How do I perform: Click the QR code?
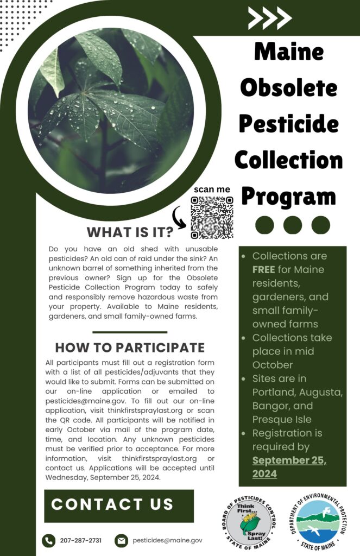[x=212, y=218]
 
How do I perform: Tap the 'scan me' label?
[x=212, y=189]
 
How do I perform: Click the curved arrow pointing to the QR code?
[x=179, y=218]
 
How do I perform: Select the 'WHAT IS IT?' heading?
[x=130, y=232]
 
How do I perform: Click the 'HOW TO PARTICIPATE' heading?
[x=130, y=347]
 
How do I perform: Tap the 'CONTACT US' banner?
[x=119, y=506]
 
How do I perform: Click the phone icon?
[x=48, y=541]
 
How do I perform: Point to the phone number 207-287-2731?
[x=80, y=540]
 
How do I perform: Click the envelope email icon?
[x=121, y=541]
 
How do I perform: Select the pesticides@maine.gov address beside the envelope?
[x=167, y=540]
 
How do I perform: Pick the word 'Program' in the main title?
[x=289, y=196]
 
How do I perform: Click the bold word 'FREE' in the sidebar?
[x=263, y=269]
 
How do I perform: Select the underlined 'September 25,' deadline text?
[x=289, y=460]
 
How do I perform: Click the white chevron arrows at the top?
[x=270, y=17]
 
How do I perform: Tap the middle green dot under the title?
[x=293, y=225]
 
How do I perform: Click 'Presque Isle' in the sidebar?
[x=282, y=420]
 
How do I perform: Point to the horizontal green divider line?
[x=130, y=332]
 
